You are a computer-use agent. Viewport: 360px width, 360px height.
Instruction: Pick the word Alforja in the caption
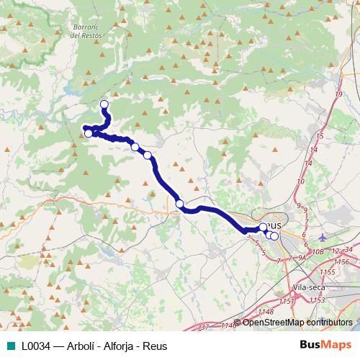125,345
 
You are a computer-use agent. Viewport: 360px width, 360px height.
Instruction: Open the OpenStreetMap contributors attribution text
297,323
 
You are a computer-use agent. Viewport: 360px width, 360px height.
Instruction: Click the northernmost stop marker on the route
104,104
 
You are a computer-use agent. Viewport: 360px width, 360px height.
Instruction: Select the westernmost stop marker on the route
89,133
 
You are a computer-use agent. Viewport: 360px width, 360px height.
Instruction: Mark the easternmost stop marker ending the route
274,236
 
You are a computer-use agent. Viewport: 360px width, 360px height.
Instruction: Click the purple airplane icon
323,237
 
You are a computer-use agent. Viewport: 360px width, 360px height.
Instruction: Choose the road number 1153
287,300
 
